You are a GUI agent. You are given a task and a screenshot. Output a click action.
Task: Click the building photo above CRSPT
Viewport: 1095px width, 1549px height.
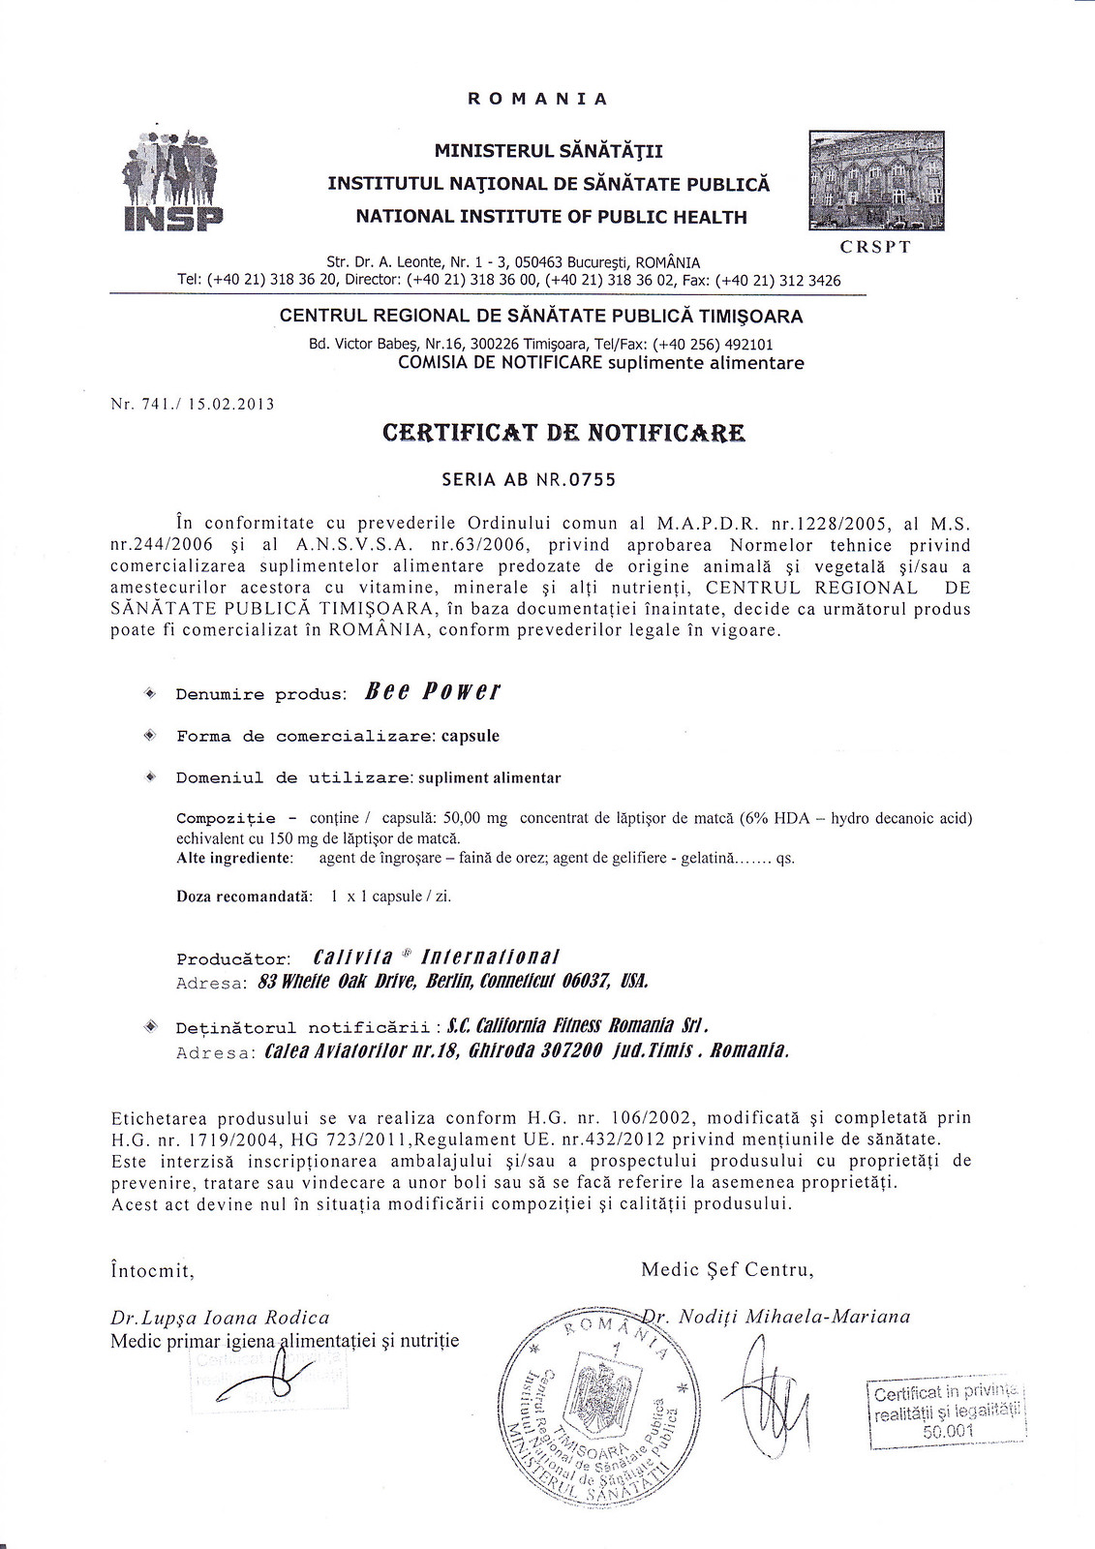pyautogui.click(x=875, y=181)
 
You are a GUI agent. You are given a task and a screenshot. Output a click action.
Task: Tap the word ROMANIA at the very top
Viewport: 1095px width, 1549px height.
pyautogui.click(x=537, y=99)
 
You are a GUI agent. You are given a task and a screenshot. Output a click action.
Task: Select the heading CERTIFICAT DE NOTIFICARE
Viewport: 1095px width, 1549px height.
pyautogui.click(x=564, y=433)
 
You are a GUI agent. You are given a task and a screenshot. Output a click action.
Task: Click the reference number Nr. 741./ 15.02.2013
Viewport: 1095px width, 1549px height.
pyautogui.click(x=193, y=404)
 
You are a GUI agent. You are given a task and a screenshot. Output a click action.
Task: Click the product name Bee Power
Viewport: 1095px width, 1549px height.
pyautogui.click(x=433, y=692)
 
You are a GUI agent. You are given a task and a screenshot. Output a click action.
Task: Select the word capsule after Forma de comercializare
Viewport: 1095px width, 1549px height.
pyautogui.click(x=471, y=736)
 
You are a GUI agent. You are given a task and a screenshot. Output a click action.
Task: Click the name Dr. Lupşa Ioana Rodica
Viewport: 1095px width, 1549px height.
pyautogui.click(x=221, y=1318)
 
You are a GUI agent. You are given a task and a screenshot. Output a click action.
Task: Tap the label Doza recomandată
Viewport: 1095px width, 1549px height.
pyautogui.click(x=244, y=896)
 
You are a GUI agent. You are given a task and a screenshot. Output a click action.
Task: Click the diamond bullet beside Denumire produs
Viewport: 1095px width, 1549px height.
pyautogui.click(x=149, y=693)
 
